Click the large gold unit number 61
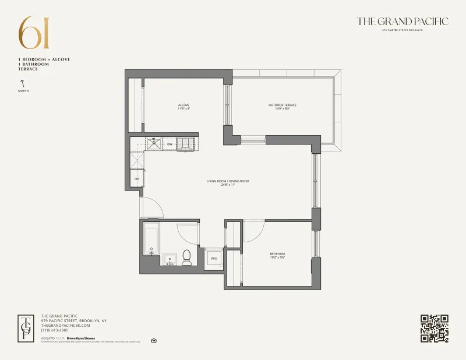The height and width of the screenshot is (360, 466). (x=34, y=33)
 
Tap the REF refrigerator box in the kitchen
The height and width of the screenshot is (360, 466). (x=137, y=179)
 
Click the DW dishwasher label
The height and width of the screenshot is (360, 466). (x=170, y=144)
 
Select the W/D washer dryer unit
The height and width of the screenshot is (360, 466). (x=214, y=258)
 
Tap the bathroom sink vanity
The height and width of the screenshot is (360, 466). (x=170, y=259)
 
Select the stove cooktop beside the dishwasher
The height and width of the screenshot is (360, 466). (x=187, y=143)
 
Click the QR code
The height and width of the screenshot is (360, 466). (x=434, y=328)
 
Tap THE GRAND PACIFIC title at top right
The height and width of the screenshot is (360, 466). (x=403, y=22)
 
